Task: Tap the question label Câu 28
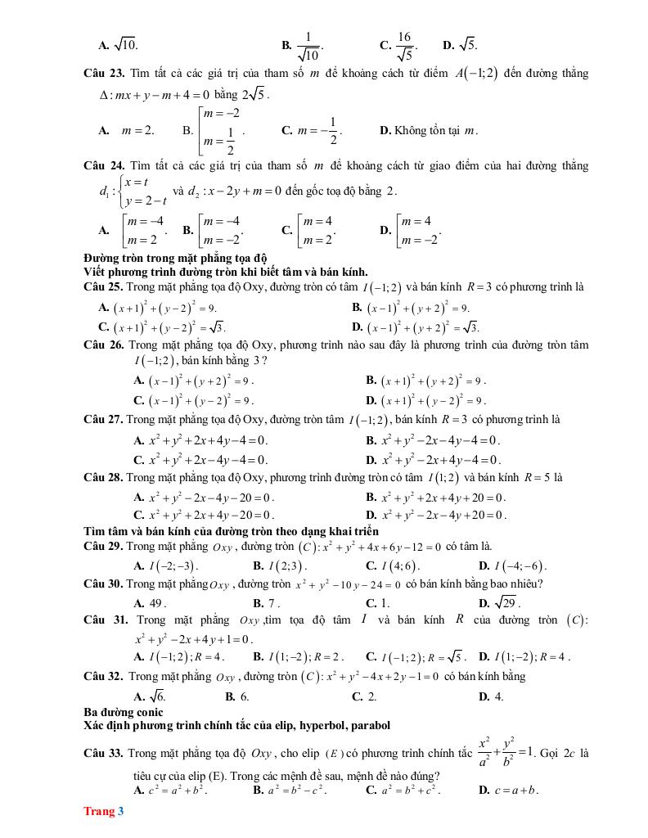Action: coord(103,477)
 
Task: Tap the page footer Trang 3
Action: coord(103,812)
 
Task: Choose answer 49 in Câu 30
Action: coord(155,603)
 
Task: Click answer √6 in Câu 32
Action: coord(155,696)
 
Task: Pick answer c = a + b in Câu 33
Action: coord(515,791)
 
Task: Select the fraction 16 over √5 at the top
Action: coord(404,44)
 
